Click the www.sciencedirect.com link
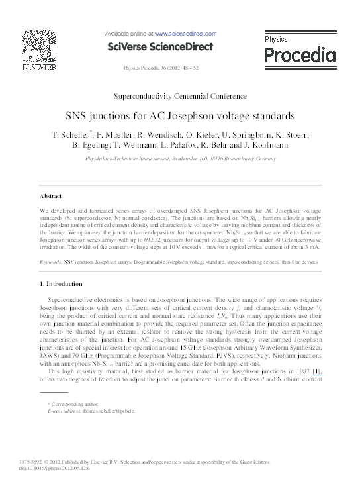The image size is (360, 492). tap(186, 33)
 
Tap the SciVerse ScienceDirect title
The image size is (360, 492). tap(161, 46)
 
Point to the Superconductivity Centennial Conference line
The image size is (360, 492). tap(180, 97)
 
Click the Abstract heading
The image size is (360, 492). tap(50, 196)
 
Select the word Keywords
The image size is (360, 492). tap(50, 263)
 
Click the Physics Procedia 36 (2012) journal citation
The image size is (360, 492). tap(161, 69)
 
